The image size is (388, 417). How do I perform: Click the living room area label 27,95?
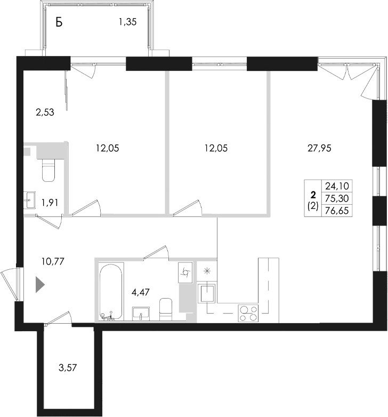pos(320,149)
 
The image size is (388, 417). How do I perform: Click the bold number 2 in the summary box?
pos(313,194)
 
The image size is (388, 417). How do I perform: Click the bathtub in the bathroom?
pos(110,291)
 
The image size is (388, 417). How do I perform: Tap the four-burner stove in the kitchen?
pos(247,312)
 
